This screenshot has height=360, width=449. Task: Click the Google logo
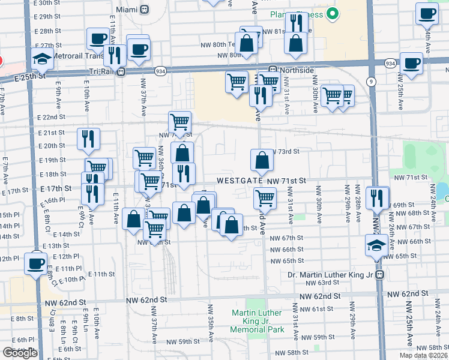pos(20,353)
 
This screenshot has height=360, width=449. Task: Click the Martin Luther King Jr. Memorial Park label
pos(258,321)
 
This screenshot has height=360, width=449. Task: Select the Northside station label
pos(299,70)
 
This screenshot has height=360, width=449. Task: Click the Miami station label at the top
pos(127,10)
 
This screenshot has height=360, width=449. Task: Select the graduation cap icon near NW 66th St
pos(376,245)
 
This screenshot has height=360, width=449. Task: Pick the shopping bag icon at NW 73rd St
pos(262,160)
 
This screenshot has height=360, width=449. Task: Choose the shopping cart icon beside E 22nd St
pos(180,122)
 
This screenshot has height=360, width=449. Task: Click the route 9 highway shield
pos(372,80)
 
